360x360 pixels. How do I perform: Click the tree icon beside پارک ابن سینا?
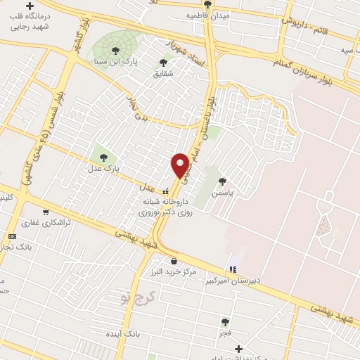coord(115,50)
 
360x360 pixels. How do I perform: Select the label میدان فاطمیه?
coord(204,14)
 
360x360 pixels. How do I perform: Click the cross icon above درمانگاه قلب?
coord(30,6)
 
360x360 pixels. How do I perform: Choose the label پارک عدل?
coord(104,169)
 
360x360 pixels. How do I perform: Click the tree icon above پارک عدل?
coord(104,157)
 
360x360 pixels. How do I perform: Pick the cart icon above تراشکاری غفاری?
coord(46,212)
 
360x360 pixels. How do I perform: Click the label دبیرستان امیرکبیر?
coord(233,280)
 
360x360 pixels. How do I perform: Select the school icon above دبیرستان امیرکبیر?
coord(233,269)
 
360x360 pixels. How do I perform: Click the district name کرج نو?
coord(136,295)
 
